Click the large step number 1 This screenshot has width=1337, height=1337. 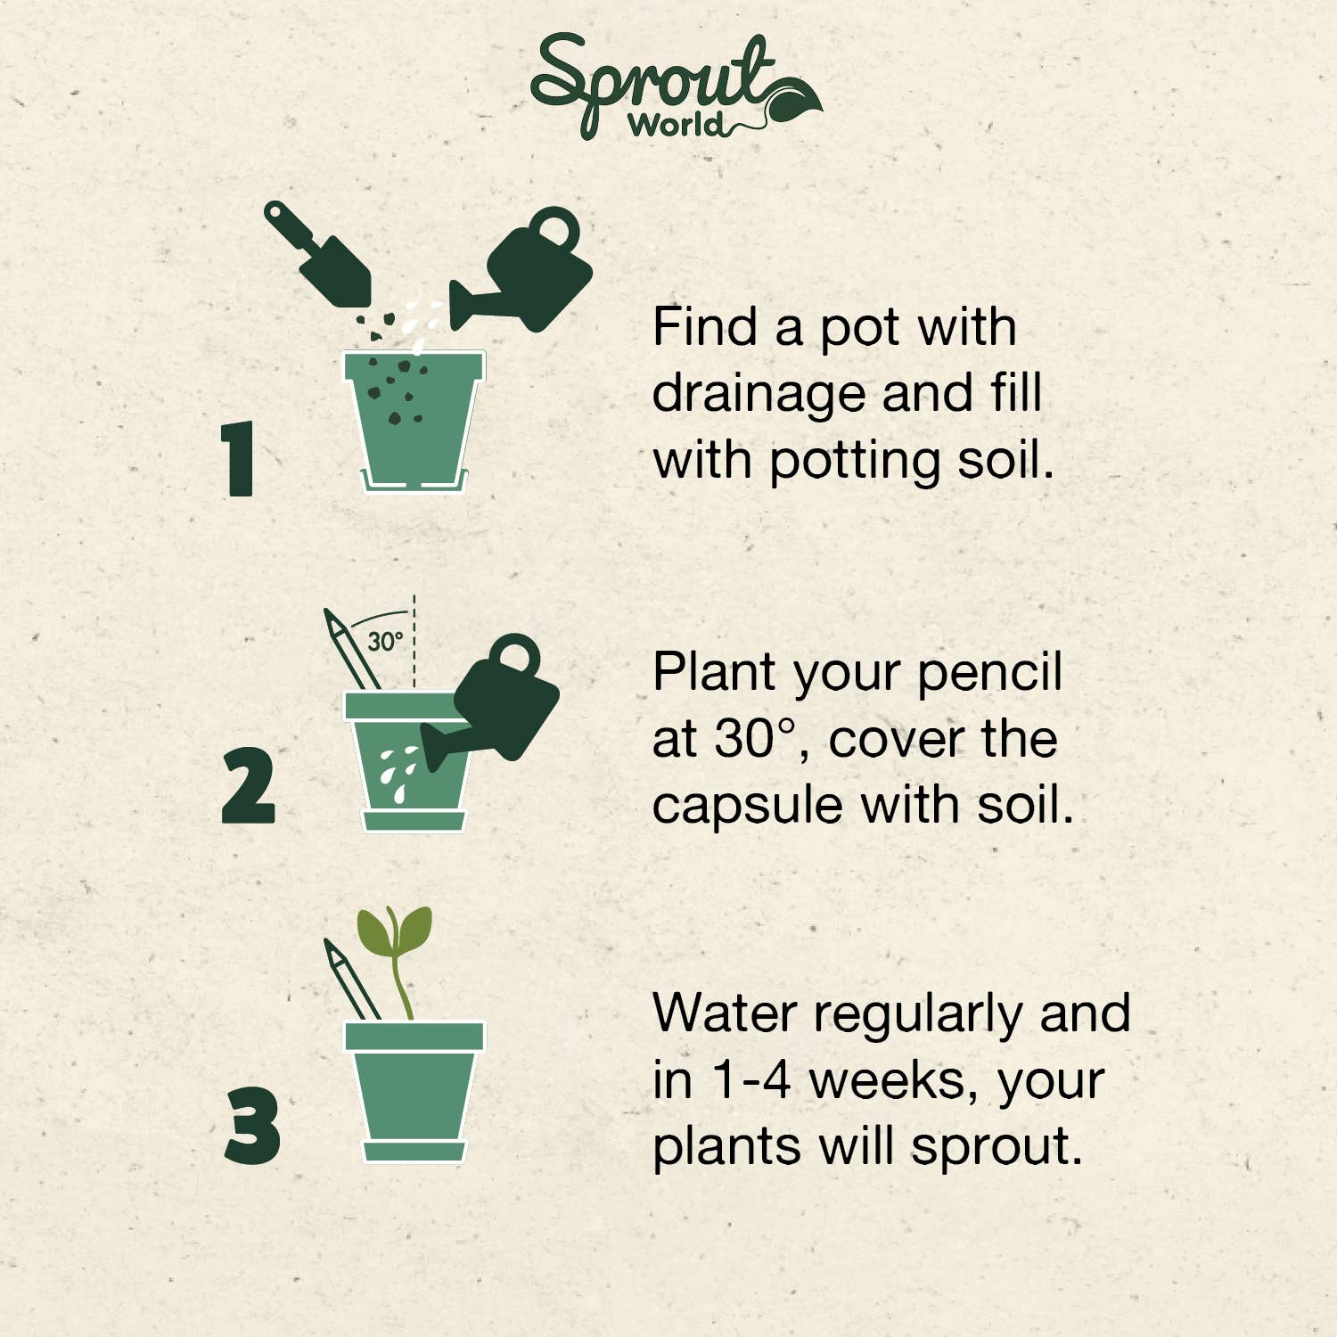[239, 458]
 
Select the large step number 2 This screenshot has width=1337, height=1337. [248, 786]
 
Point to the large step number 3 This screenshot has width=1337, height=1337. [252, 1125]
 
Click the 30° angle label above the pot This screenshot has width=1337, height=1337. [385, 641]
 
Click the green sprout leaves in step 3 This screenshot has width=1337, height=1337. [395, 931]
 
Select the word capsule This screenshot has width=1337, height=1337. [748, 807]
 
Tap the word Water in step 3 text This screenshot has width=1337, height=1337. [725, 1013]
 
